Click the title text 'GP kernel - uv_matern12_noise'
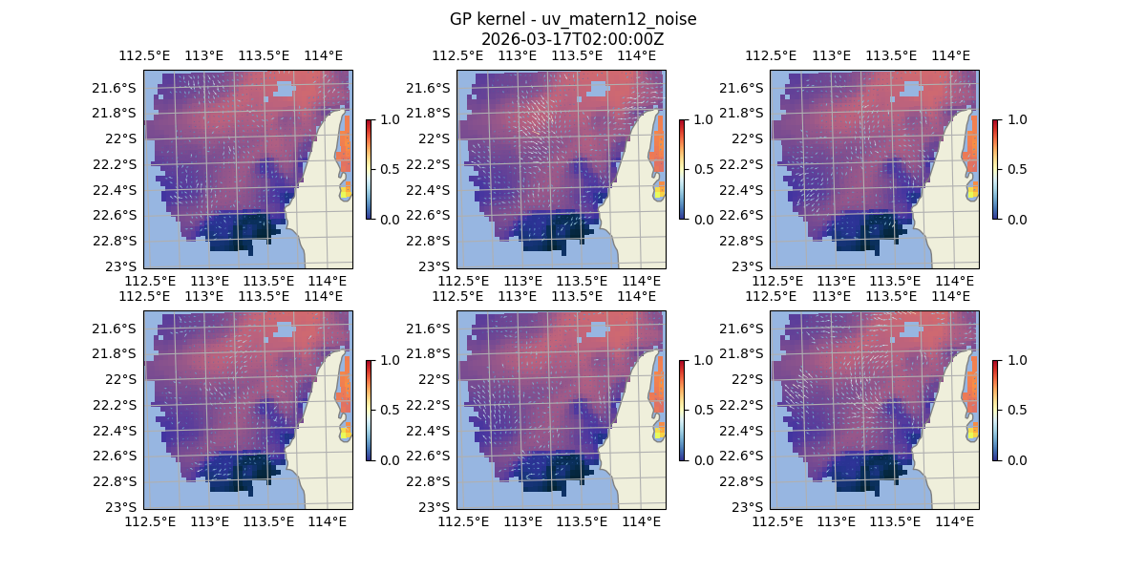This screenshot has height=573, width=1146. (572, 19)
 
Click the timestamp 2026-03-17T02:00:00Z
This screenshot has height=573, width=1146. (572, 39)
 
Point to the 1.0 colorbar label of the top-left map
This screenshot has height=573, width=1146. (388, 119)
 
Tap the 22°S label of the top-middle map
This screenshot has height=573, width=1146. (438, 138)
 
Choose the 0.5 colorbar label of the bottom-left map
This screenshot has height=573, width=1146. (388, 410)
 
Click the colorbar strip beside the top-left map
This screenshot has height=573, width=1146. (369, 169)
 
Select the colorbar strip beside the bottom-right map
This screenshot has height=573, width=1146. (995, 410)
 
